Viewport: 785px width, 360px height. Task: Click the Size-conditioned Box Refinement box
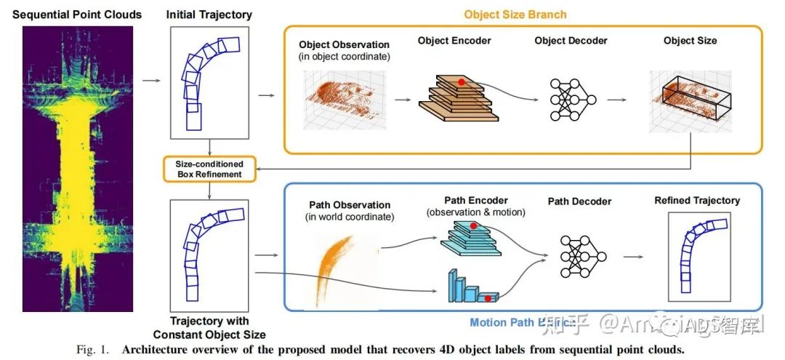click(209, 169)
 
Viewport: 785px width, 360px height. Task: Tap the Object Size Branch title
click(515, 15)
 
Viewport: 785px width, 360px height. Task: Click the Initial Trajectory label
click(209, 15)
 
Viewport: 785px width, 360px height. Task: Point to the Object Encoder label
click(454, 41)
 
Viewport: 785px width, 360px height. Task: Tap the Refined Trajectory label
click(696, 200)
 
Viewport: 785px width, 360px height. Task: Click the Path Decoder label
click(579, 201)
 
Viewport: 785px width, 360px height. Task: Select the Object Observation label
click(344, 44)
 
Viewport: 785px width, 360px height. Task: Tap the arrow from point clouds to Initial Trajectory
click(151, 80)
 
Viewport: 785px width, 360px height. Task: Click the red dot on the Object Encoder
click(461, 82)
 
